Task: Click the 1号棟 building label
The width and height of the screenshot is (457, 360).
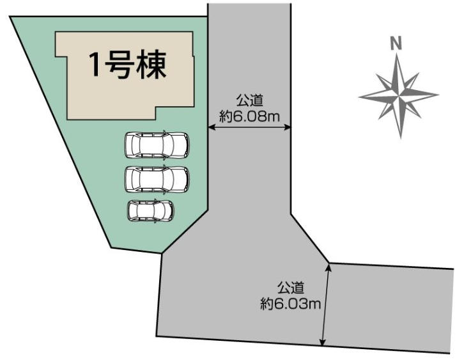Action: pyautogui.click(x=127, y=65)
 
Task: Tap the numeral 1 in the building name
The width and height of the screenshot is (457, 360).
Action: pyautogui.click(x=95, y=65)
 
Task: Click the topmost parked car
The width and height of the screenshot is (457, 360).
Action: pyautogui.click(x=157, y=145)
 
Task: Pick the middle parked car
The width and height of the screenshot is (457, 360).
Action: pyautogui.click(x=157, y=179)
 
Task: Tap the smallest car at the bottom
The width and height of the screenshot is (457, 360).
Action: pyautogui.click(x=151, y=210)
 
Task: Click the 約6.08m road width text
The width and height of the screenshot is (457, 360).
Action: pyautogui.click(x=250, y=116)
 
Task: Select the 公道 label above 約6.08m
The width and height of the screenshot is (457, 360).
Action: pyautogui.click(x=250, y=100)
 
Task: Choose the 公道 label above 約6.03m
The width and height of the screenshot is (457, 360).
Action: pyautogui.click(x=290, y=288)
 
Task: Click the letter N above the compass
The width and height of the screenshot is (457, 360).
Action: pyautogui.click(x=396, y=43)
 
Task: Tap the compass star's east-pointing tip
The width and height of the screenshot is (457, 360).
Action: pyautogui.click(x=438, y=93)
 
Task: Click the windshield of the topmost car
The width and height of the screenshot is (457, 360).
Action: pyautogui.click(x=170, y=145)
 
